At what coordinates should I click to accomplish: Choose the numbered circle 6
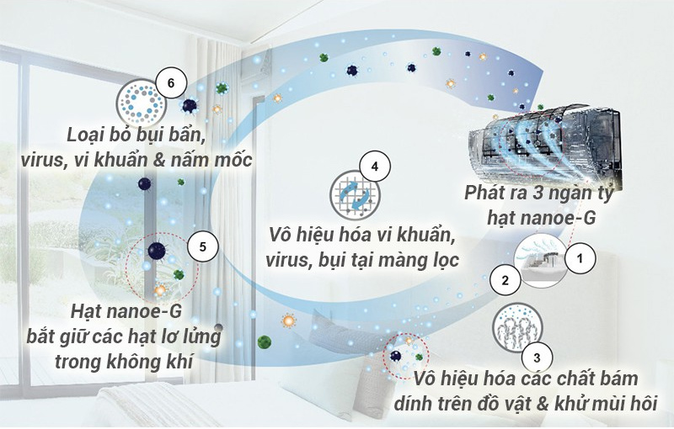[171, 83]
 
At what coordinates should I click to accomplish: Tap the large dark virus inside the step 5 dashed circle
[156, 251]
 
